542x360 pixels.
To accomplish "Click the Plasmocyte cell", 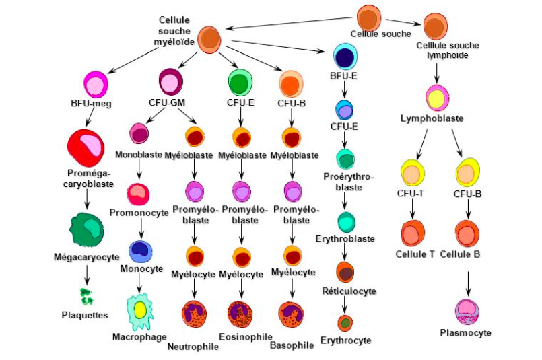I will (x=467, y=312).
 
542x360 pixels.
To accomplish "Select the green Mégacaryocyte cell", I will (x=87, y=230).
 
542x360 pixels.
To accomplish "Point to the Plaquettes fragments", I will (x=86, y=296).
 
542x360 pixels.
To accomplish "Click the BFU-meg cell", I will (x=96, y=84).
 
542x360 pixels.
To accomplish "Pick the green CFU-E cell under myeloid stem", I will (x=239, y=83).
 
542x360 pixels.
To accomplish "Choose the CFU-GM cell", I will (x=171, y=82).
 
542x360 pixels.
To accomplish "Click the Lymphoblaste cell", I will (x=437, y=98).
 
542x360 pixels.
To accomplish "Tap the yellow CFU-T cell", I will (x=412, y=172).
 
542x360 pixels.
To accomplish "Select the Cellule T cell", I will (x=412, y=233).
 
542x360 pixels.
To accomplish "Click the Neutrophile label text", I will (x=193, y=347).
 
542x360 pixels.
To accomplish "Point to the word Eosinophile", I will (x=245, y=336).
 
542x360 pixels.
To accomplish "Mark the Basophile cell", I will (x=292, y=314).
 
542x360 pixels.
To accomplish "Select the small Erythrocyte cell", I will (x=345, y=323).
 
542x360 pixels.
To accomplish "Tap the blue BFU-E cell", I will (x=345, y=57).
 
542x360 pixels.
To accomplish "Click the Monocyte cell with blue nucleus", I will (x=140, y=250).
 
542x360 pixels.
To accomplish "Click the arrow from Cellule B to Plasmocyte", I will (x=469, y=281).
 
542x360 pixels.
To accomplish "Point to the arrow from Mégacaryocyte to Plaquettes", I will (x=86, y=275).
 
